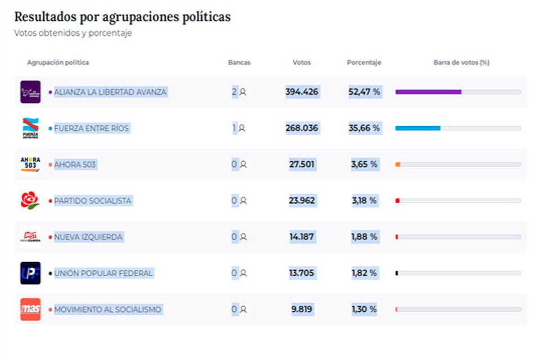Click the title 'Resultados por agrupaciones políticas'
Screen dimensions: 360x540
click(122, 17)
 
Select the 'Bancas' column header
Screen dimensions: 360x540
click(239, 62)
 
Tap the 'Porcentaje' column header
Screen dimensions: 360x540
click(364, 62)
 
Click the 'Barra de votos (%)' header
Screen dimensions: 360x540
click(461, 62)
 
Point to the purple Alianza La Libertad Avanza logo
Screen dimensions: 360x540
click(30, 92)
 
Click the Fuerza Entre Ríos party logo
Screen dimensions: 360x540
click(30, 128)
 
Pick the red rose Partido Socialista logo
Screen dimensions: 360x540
click(30, 201)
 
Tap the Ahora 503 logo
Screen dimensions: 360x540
click(30, 164)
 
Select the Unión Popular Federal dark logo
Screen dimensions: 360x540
click(30, 273)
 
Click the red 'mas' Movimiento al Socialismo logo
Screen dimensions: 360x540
click(30, 309)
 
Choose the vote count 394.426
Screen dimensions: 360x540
click(301, 92)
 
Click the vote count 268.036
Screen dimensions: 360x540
click(301, 128)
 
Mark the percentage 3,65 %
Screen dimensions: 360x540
click(364, 164)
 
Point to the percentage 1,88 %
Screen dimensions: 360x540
click(364, 237)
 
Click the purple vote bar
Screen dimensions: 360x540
click(428, 92)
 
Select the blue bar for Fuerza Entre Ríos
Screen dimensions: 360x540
click(417, 128)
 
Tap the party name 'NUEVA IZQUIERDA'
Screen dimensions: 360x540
click(88, 237)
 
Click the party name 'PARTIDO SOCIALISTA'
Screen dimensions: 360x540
click(93, 201)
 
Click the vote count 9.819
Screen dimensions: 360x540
click(301, 309)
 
